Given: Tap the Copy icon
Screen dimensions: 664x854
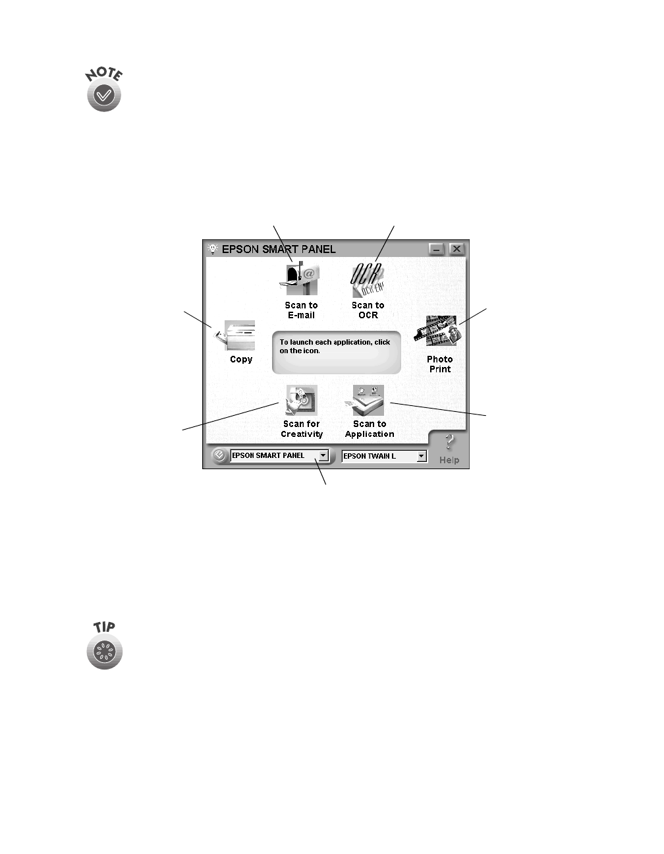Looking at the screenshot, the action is [x=236, y=335].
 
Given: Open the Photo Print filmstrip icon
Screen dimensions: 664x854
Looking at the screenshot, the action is [x=437, y=331].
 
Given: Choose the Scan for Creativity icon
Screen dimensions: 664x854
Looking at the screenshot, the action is [x=301, y=400].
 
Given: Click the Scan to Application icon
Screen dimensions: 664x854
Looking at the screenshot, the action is [x=368, y=400].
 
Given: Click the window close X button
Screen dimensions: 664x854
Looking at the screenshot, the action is [x=456, y=249].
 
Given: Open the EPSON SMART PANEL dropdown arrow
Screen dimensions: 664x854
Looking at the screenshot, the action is [x=323, y=455].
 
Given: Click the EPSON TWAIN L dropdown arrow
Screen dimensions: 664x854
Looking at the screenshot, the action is [x=422, y=456].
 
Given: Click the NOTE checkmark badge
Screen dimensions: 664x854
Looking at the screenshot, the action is [x=104, y=97].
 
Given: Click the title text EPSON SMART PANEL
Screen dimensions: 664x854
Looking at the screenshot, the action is [x=279, y=249].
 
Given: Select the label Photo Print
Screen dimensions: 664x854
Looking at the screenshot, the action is [x=439, y=364].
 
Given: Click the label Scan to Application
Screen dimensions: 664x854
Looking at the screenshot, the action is [x=370, y=429].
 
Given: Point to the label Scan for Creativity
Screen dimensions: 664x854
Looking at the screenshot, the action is [x=302, y=429].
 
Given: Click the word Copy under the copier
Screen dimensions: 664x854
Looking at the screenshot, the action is [x=241, y=359].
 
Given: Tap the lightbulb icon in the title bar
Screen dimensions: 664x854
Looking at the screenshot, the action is [x=212, y=249].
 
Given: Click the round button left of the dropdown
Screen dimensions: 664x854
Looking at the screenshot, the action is [x=219, y=455].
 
